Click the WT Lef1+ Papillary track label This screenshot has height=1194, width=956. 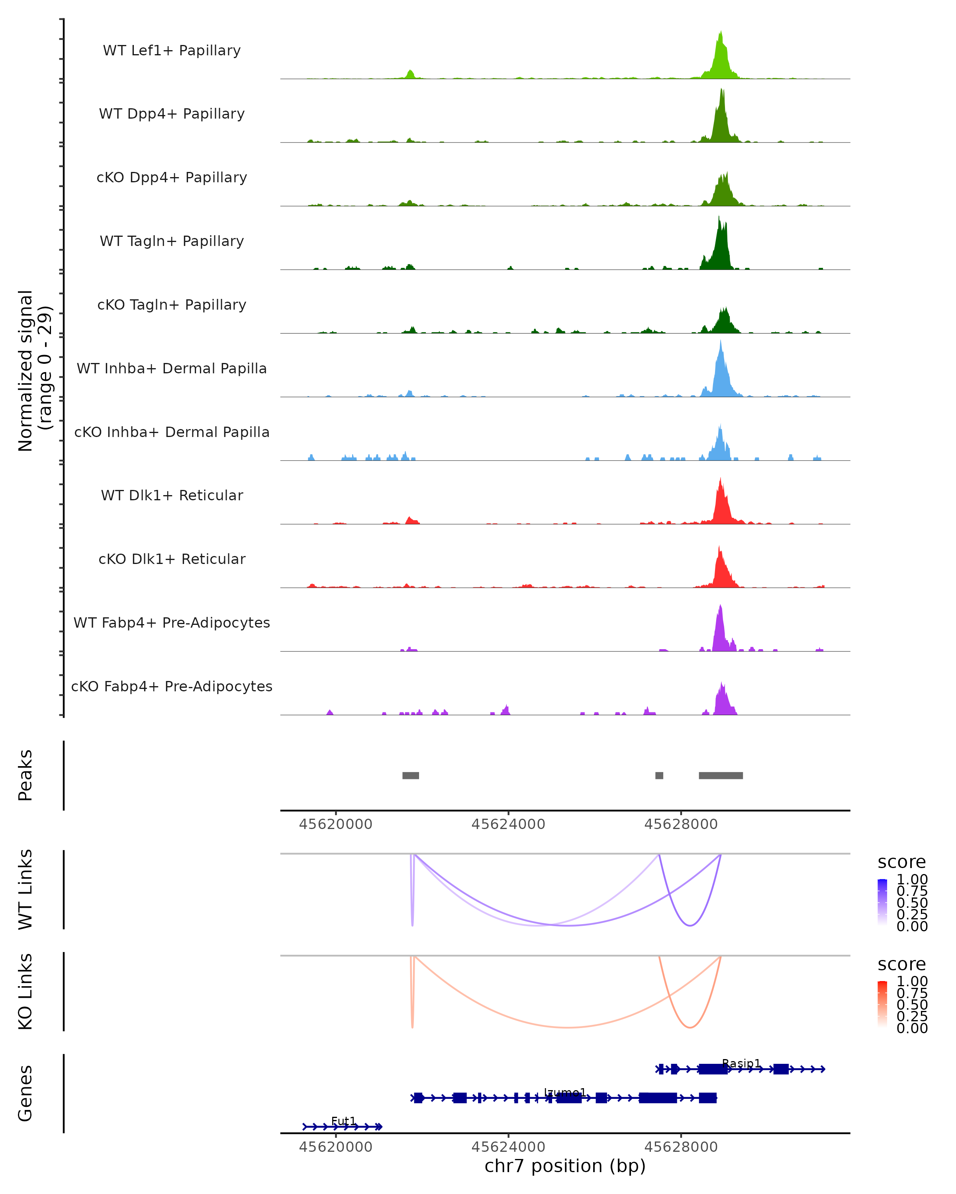click(x=172, y=51)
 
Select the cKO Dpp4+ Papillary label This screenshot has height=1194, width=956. click(x=172, y=177)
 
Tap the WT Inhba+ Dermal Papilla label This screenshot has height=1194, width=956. click(x=172, y=368)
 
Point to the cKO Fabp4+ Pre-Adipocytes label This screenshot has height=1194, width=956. click(x=172, y=686)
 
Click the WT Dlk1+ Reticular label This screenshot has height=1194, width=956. click(x=172, y=495)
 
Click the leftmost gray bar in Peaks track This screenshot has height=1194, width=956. click(x=411, y=775)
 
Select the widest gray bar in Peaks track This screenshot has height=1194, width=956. click(x=721, y=775)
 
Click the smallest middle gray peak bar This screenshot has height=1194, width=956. click(x=659, y=775)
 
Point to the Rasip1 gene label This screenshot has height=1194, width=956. click(x=741, y=1063)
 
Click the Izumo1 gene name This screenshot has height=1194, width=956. click(x=565, y=1093)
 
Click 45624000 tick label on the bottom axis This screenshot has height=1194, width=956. click(x=508, y=1147)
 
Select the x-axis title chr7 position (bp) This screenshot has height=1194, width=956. click(x=565, y=1166)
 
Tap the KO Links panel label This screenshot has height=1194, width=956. click(x=25, y=992)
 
